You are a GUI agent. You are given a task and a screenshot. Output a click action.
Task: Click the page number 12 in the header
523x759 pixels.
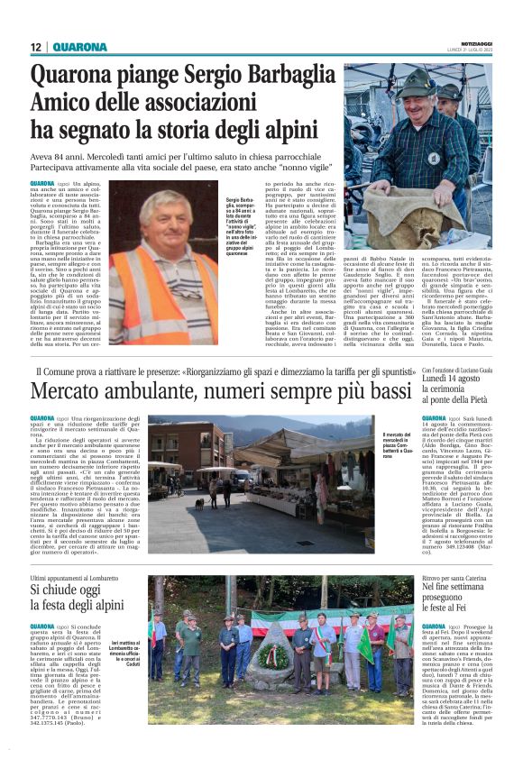[36, 47]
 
